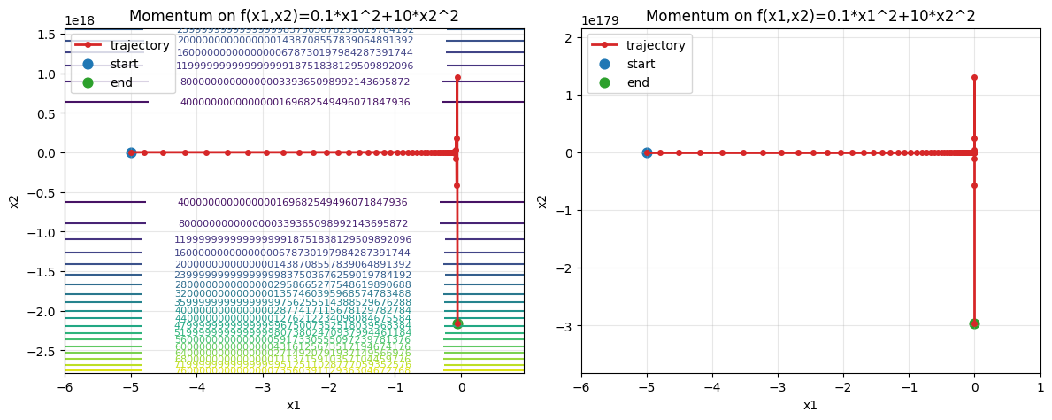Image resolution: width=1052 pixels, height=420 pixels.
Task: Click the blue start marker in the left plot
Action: tap(131, 152)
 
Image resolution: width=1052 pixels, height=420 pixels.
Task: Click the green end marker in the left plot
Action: tap(457, 323)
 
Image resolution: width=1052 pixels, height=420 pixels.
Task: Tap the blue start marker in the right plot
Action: tap(647, 152)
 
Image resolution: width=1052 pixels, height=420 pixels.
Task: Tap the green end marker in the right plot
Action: tap(974, 323)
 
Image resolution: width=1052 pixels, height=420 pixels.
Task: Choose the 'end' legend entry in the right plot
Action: tap(638, 82)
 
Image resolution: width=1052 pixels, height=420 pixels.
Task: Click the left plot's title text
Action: tap(294, 16)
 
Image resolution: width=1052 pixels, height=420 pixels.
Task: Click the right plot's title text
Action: tap(810, 16)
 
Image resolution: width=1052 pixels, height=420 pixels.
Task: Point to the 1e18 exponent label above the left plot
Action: tap(81, 20)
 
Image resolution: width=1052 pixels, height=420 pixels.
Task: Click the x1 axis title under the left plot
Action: tap(294, 405)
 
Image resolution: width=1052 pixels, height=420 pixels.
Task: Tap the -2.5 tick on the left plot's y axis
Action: tap(43, 352)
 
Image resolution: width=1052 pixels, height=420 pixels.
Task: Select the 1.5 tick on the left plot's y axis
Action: tap(47, 35)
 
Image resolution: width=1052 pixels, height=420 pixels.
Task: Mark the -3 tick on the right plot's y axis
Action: tap(566, 326)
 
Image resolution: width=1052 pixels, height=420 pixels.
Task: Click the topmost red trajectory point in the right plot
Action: tap(974, 77)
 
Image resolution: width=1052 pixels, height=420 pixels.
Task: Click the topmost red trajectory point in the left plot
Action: tap(457, 77)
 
